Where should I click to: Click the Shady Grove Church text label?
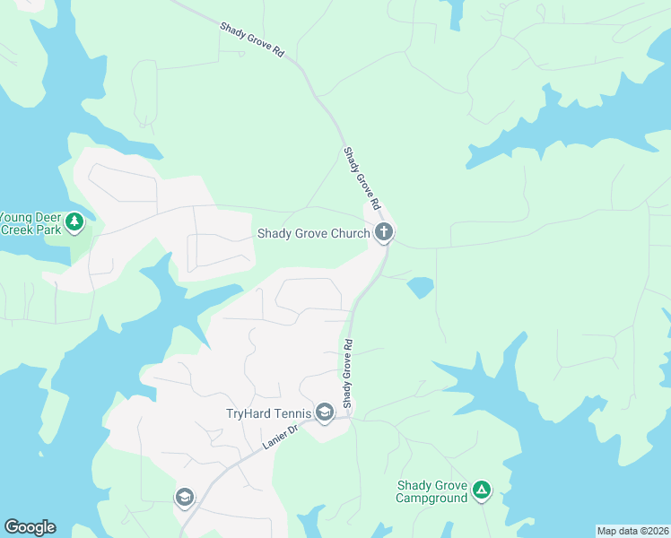point(313,234)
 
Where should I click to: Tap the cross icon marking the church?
point(384,234)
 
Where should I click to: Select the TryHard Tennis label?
point(267,413)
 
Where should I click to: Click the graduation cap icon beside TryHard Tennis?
point(324,413)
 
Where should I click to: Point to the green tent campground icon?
point(482,490)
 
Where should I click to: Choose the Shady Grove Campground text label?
point(432,491)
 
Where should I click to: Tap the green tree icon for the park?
point(74,221)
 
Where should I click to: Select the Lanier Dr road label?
point(280,437)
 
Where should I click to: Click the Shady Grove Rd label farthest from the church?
point(252,40)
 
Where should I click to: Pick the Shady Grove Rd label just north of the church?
point(362,178)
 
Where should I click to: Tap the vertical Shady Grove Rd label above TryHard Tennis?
point(348,370)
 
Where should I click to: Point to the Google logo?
point(30,527)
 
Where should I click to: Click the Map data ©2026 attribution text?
point(632,531)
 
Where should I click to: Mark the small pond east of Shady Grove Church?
point(420,288)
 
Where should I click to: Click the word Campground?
point(432,498)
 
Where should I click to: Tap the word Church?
point(348,234)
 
